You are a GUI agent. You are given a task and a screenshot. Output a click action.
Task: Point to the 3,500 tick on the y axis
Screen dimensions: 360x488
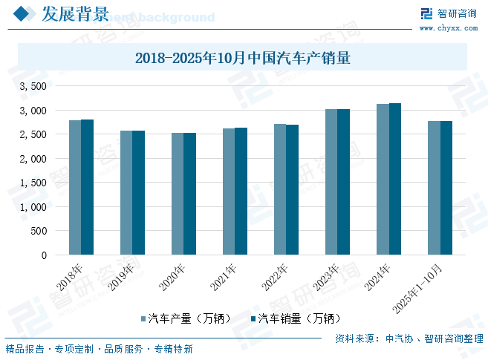click(33, 87)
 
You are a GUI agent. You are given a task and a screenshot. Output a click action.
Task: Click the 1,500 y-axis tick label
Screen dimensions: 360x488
click(33, 183)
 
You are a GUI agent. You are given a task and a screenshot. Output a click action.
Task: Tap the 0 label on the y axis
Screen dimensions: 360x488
click(44, 255)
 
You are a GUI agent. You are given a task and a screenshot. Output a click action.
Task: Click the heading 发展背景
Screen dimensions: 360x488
click(75, 14)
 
